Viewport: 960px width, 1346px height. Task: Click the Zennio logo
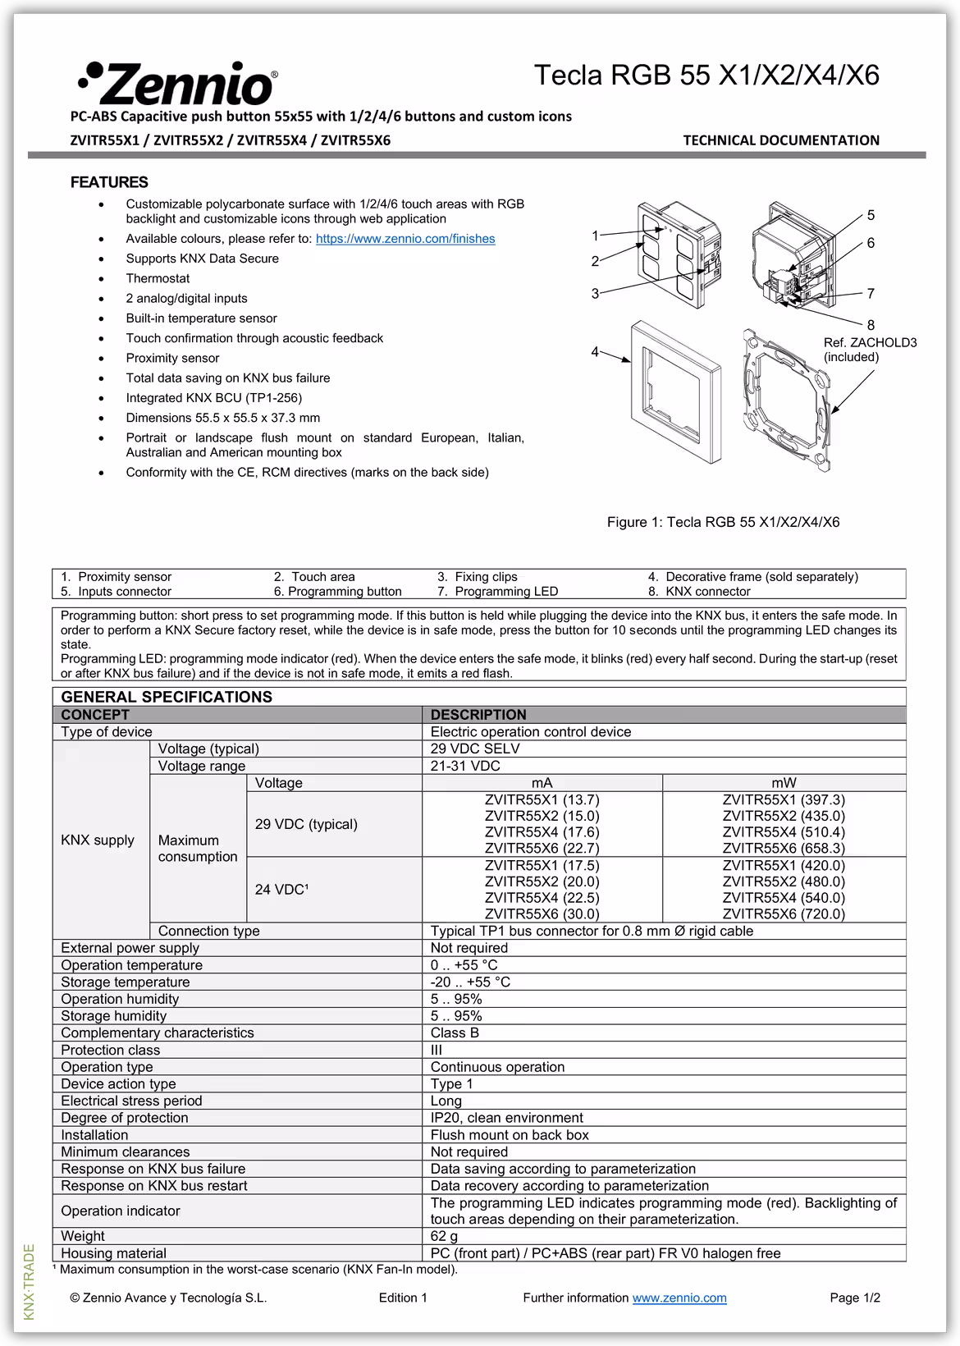177,83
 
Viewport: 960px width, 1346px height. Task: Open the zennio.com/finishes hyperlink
405,239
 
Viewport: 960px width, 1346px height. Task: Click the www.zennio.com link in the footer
679,1298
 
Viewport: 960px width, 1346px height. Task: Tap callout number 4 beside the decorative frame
595,352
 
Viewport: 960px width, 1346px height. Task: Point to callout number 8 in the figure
871,325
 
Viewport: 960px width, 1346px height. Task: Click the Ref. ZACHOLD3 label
870,342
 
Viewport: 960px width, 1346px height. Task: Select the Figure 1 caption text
723,522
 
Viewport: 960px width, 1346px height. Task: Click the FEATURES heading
109,182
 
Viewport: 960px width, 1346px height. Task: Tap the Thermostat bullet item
158,278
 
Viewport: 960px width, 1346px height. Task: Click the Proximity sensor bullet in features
172,358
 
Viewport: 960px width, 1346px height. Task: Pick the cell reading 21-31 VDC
465,766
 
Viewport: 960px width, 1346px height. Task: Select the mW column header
784,783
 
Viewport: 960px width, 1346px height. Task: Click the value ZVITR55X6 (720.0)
784,913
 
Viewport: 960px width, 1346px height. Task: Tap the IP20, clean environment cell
506,1118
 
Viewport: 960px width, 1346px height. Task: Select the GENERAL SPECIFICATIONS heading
167,697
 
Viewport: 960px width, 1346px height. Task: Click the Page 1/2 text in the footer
855,1298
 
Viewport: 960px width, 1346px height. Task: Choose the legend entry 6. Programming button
338,591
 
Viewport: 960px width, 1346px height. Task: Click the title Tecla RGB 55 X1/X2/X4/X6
706,76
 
